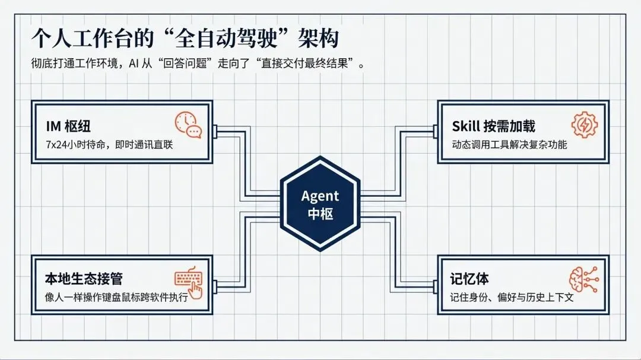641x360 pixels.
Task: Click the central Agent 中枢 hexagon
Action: pos(320,203)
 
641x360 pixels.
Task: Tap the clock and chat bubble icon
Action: pos(188,125)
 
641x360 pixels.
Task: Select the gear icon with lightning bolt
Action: pos(584,125)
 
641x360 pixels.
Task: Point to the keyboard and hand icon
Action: pos(188,281)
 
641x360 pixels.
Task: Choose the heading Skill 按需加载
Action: pos(493,126)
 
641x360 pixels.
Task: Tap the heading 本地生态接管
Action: pos(84,278)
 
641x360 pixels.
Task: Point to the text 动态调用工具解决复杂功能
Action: pos(509,144)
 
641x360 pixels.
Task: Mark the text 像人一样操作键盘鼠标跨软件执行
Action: pos(116,297)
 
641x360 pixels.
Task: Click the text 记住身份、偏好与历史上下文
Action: pos(512,297)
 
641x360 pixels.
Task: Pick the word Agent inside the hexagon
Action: pos(320,196)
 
